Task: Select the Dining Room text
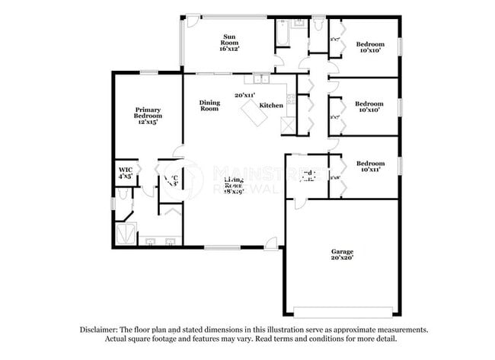[209, 105]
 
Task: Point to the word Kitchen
[271, 105]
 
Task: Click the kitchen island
[254, 115]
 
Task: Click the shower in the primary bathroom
[126, 231]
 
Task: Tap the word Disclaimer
[101, 330]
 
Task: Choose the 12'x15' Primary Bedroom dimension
[148, 122]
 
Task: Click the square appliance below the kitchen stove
[288, 126]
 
